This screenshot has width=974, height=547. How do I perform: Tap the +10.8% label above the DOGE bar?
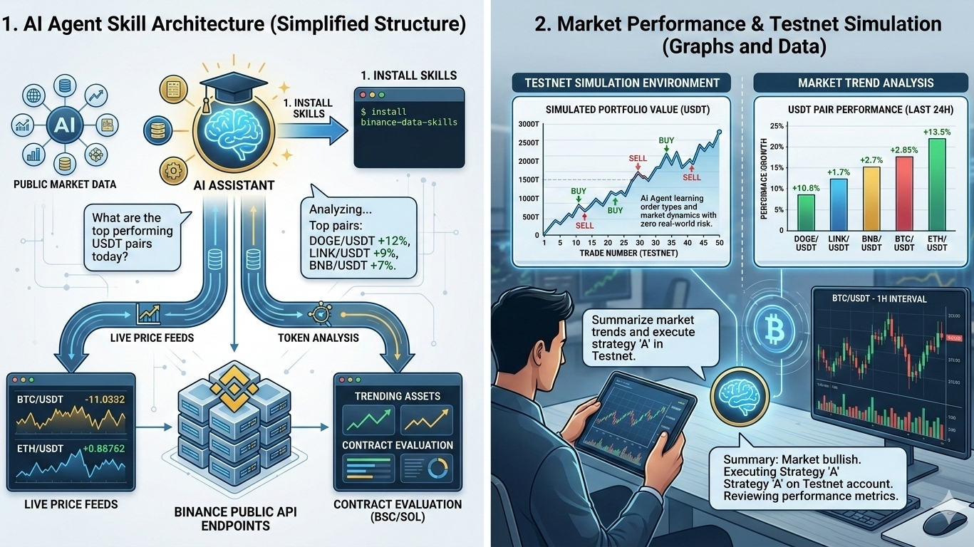(806, 188)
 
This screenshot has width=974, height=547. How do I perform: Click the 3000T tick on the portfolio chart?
(529, 124)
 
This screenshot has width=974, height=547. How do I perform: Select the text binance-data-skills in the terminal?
(399, 122)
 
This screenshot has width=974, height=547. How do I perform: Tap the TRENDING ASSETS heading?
(398, 396)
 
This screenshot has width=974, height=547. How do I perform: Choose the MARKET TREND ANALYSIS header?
(866, 83)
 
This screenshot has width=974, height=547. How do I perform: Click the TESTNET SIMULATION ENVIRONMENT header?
(622, 83)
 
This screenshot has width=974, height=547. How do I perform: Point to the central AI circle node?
(60, 126)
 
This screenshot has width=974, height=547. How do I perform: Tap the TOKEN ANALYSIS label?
(318, 338)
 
